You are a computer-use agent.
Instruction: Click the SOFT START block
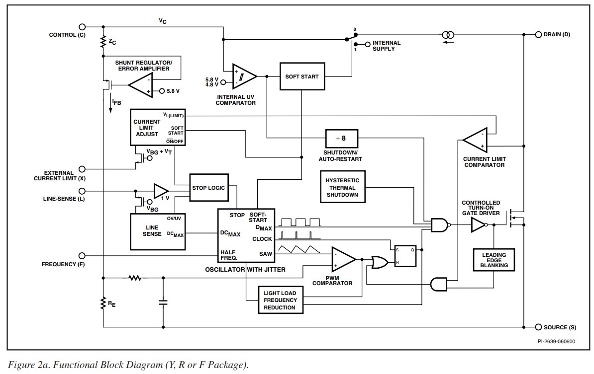pyautogui.click(x=302, y=76)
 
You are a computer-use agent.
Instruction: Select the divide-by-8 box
pyautogui.click(x=342, y=138)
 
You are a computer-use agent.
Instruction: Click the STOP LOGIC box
pyautogui.click(x=208, y=188)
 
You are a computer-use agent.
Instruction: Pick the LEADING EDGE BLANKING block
pyautogui.click(x=494, y=260)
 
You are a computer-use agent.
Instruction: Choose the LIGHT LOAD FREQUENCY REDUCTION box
pyautogui.click(x=280, y=300)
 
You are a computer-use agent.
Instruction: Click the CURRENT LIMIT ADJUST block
pyautogui.click(x=157, y=127)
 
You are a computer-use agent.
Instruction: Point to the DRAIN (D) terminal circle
pyautogui.click(x=538, y=35)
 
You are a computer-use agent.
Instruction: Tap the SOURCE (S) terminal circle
pyautogui.click(x=538, y=327)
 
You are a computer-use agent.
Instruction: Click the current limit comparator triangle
pyautogui.click(x=475, y=141)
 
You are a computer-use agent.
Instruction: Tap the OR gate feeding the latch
pyautogui.click(x=379, y=262)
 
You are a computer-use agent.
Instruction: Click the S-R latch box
pyautogui.click(x=405, y=256)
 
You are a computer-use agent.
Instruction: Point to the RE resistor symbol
pyautogui.click(x=103, y=303)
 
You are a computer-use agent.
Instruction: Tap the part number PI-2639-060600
pyautogui.click(x=556, y=342)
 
